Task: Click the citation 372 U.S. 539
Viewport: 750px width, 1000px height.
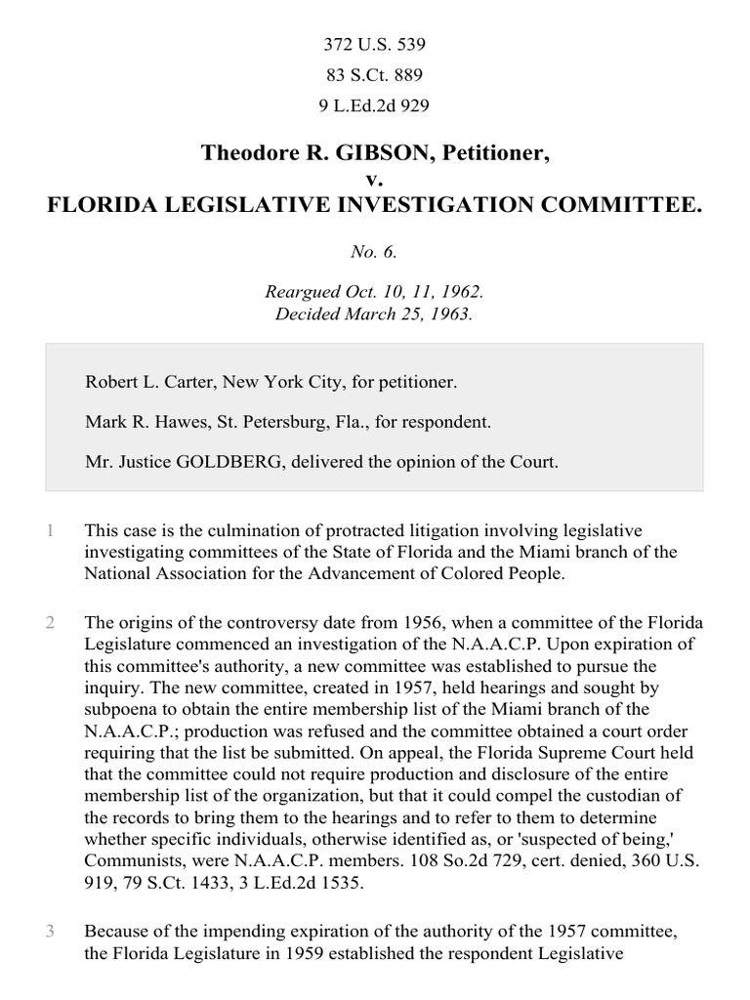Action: point(374,45)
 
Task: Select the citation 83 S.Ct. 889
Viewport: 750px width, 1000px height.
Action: point(374,75)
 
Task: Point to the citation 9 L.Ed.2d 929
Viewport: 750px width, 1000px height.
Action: point(374,105)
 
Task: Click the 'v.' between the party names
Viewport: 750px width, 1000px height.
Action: point(374,180)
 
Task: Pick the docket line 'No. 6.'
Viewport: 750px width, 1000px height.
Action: point(374,252)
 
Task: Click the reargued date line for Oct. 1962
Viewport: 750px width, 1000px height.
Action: point(374,292)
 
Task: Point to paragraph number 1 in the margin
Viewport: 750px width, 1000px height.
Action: point(50,531)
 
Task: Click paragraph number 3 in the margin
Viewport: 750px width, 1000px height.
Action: point(50,931)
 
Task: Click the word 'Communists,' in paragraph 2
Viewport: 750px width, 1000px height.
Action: point(131,860)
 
